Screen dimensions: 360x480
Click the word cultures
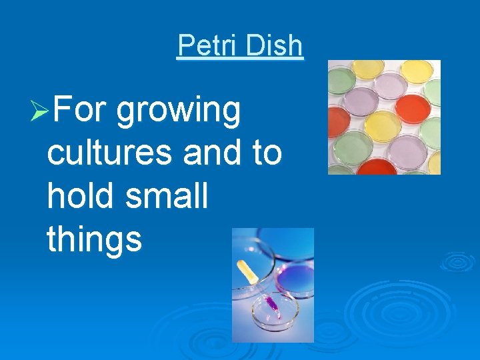(x=111, y=153)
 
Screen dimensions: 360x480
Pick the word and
(x=213, y=153)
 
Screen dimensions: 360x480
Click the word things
(x=95, y=240)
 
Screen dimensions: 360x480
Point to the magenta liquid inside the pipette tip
(x=272, y=305)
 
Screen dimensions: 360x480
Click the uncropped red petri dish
(x=411, y=109)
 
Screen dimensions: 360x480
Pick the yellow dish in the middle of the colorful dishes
(x=382, y=126)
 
